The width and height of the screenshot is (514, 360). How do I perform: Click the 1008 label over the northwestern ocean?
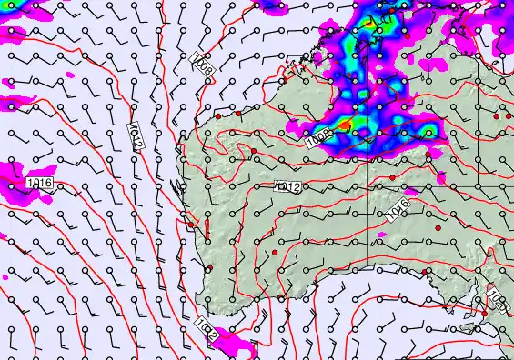click(203, 67)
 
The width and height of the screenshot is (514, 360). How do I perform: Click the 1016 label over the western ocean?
click(39, 184)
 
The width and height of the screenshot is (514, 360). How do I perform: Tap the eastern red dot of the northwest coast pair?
click(238, 114)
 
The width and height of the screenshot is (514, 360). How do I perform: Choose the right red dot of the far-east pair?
click(508, 115)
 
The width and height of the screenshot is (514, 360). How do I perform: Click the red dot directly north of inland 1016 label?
click(392, 177)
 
